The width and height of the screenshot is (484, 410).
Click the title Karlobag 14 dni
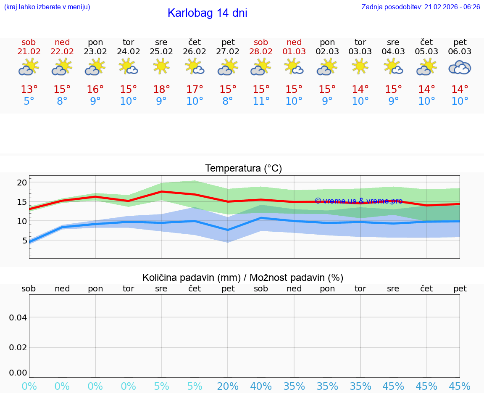pyautogui.click(x=207, y=13)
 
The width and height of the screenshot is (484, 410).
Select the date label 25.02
pyautogui.click(x=161, y=52)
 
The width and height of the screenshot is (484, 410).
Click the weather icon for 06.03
pyautogui.click(x=460, y=67)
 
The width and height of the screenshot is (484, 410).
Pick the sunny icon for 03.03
pyautogui.click(x=360, y=66)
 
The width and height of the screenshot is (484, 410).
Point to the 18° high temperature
pyautogui.click(x=161, y=90)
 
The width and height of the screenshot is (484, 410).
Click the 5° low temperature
pyautogui.click(x=29, y=101)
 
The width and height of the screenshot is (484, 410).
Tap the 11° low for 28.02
pyautogui.click(x=261, y=101)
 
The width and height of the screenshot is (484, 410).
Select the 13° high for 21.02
pyautogui.click(x=29, y=90)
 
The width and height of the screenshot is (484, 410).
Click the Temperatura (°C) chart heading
pyautogui.click(x=243, y=169)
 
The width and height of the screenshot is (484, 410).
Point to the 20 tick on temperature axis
pyautogui.click(x=22, y=183)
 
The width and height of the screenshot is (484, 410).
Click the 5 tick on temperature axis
pyautogui.click(x=24, y=241)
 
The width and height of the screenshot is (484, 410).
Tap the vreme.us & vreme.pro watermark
pyautogui.click(x=358, y=201)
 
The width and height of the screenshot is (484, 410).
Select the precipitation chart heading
pyautogui.click(x=243, y=278)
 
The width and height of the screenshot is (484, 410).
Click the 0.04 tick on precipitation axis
pyautogui.click(x=18, y=317)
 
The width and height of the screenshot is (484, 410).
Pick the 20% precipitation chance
pyautogui.click(x=228, y=386)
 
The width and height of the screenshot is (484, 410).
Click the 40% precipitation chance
pyautogui.click(x=261, y=386)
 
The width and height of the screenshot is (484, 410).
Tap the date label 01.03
pyautogui.click(x=294, y=52)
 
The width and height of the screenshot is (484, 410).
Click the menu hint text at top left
pyautogui.click(x=47, y=7)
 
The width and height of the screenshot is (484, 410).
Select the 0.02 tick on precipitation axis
pyautogui.click(x=18, y=347)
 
